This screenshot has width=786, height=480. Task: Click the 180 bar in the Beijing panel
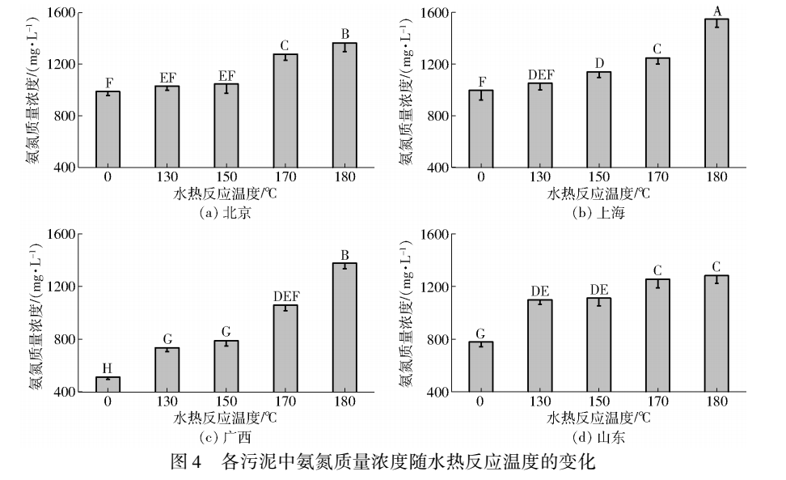(344, 105)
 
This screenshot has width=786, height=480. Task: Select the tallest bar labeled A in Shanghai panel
(716, 93)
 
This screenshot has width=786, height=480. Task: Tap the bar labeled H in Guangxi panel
(108, 384)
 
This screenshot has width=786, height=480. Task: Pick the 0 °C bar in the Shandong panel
(481, 367)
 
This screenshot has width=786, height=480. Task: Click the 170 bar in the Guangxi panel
(285, 348)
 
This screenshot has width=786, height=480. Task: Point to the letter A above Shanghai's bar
(716, 10)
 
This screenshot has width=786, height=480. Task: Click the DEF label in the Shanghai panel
(541, 74)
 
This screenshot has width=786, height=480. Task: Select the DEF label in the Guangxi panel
(285, 297)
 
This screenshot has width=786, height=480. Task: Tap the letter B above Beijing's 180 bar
(344, 34)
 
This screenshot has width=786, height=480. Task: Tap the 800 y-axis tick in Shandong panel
(442, 339)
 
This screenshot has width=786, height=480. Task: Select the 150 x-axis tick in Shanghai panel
(598, 177)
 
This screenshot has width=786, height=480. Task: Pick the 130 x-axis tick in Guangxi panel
(167, 401)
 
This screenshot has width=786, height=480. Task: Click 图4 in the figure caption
(187, 464)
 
